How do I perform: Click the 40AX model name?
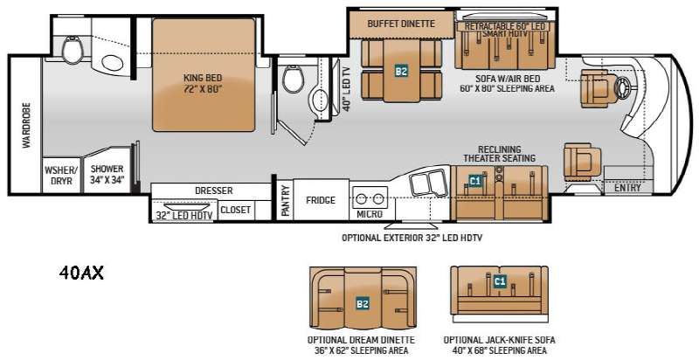tap(81, 273)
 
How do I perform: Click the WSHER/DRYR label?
tap(61, 175)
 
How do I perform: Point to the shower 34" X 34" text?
tap(107, 174)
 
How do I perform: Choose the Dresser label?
tap(214, 190)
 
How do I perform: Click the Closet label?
tap(235, 210)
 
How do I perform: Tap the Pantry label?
tap(286, 200)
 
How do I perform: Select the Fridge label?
tap(321, 200)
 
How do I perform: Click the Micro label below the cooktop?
tap(370, 214)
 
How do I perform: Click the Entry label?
tap(627, 188)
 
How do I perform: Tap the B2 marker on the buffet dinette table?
tap(401, 71)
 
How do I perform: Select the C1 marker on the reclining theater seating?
tap(475, 181)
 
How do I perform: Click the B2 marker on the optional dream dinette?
tap(363, 304)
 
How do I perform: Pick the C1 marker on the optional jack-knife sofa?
tap(500, 281)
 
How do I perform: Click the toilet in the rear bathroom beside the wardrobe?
tap(73, 50)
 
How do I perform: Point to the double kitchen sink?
tap(428, 183)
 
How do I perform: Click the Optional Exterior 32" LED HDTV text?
tap(412, 238)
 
